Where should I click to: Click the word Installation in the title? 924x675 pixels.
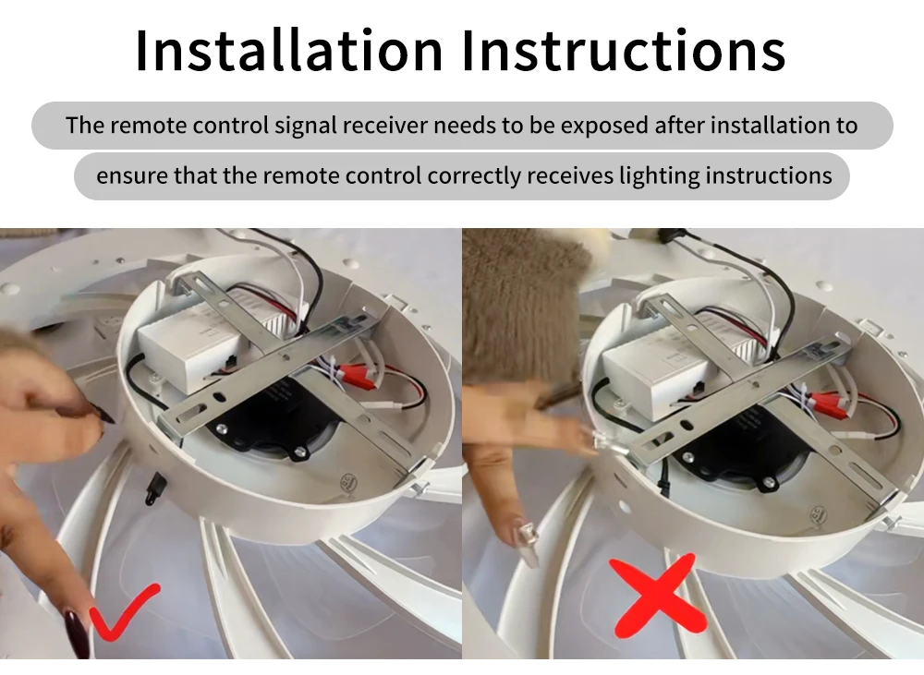click(288, 50)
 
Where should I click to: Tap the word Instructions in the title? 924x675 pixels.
click(624, 50)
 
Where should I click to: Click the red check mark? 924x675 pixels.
click(124, 612)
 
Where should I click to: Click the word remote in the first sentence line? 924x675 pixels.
click(150, 126)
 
